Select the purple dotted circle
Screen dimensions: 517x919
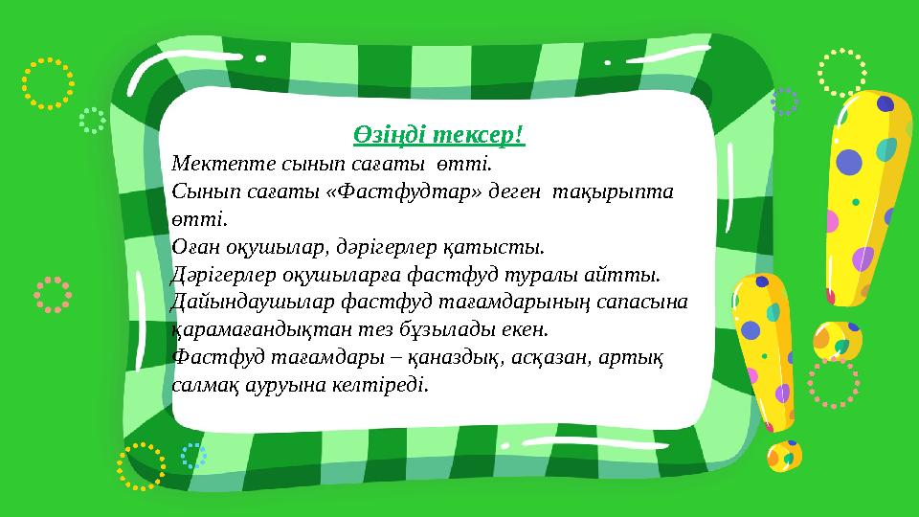tap(785, 101)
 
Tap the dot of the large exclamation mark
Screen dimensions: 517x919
tap(832, 339)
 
